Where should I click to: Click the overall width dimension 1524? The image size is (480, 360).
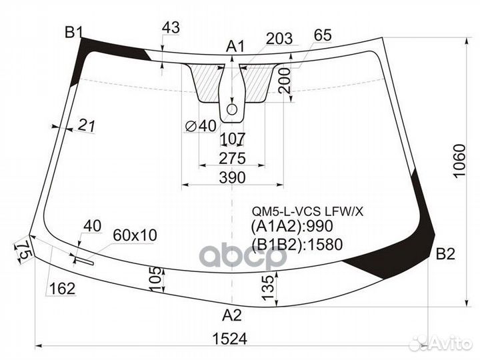tap(229, 339)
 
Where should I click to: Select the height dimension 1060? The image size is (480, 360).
tap(459, 161)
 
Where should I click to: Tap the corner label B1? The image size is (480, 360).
tap(74, 32)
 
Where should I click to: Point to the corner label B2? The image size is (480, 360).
tap(445, 254)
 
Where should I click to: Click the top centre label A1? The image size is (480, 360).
tap(235, 47)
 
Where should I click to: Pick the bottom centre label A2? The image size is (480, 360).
tap(232, 315)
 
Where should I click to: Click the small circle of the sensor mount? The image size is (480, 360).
tap(232, 109)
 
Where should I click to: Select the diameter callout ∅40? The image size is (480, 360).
tap(201, 126)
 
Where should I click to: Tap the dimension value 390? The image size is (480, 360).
tap(233, 177)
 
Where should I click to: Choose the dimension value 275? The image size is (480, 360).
tap(233, 158)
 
